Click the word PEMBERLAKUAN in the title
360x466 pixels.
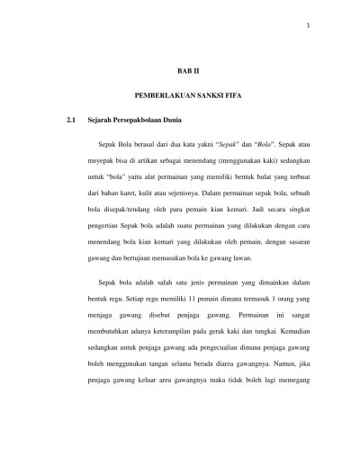pyautogui.click(x=159, y=94)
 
